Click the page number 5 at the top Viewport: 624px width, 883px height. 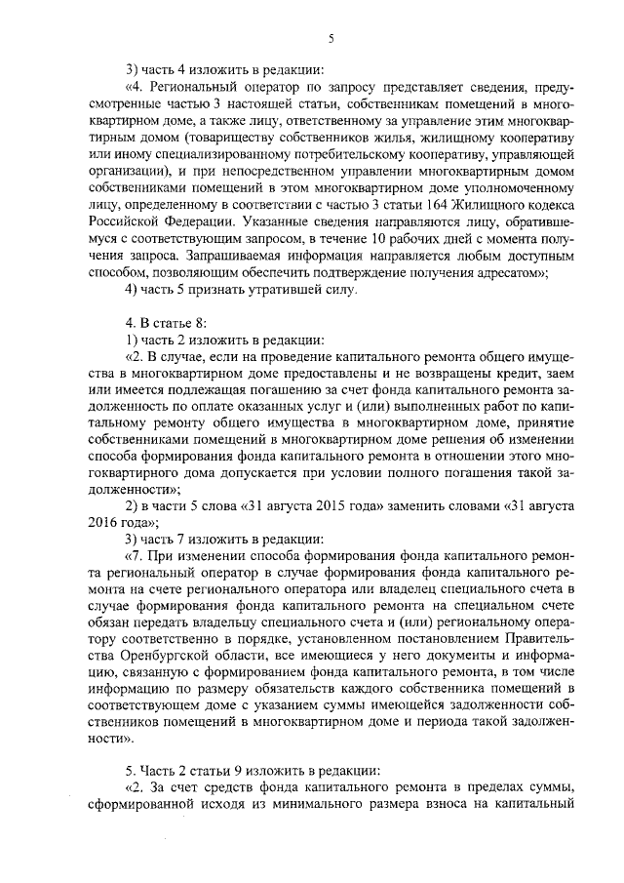(x=331, y=39)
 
